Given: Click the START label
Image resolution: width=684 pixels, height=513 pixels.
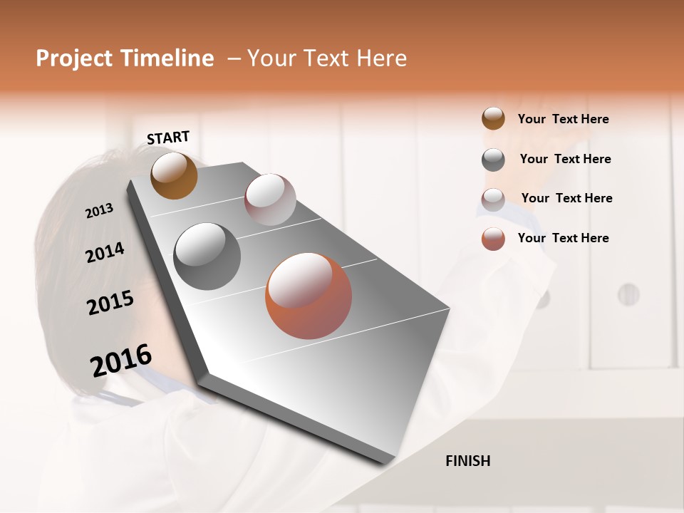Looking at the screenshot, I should coord(168,138).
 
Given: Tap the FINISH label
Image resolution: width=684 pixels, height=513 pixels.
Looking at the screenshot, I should coord(468,461).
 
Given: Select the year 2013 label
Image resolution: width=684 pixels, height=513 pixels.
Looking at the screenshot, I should coord(99,211).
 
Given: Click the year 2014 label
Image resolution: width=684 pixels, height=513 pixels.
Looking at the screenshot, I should coord(105,253).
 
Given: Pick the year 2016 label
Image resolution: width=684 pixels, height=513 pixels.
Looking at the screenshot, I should coord(121,360).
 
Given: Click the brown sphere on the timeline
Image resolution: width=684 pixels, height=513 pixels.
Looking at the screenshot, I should coord(174,175).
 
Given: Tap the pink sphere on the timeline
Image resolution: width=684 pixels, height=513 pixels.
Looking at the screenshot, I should coord(270,199).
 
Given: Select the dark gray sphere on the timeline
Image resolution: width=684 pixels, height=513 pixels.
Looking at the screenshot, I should coord(207,256).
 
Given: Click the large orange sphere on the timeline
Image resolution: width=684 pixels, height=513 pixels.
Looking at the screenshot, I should coord(309,296).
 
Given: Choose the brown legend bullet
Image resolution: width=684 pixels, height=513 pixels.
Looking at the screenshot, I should coord(493,118).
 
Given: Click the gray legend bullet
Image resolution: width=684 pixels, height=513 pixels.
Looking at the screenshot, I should coord(493,160).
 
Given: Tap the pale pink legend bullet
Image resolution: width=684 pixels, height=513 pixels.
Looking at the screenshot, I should coord(493,199).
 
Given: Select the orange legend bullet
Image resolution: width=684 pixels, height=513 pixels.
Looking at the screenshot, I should coord(493,239).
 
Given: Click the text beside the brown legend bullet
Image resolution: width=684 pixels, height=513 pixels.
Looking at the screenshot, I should coord(564,119).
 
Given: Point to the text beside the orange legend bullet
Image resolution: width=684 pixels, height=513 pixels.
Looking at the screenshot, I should coord(564,238).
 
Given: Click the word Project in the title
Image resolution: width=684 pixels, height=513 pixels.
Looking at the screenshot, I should coord(73,58).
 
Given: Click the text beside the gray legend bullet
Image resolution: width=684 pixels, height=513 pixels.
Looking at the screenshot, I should coord(566,159).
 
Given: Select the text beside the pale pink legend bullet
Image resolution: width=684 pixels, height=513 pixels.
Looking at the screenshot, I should coord(567,198).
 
